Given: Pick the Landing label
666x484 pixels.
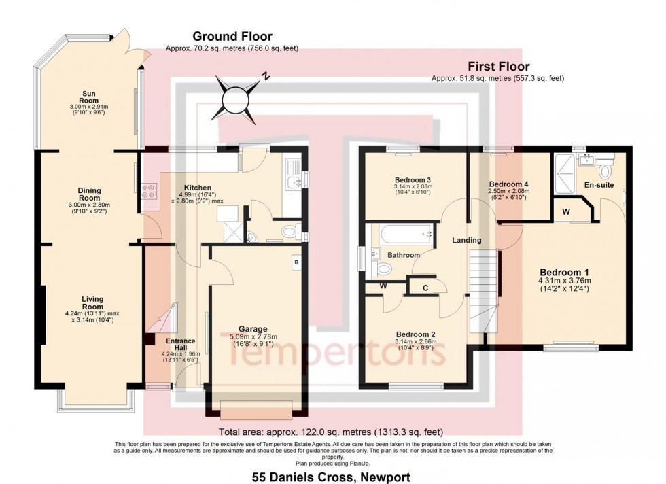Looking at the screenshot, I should pyautogui.click(x=468, y=240).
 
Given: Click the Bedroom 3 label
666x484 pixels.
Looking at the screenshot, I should pyautogui.click(x=413, y=179).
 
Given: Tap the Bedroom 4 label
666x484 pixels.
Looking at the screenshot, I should pyautogui.click(x=508, y=184).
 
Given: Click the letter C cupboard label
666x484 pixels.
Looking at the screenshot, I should pyautogui.click(x=425, y=288).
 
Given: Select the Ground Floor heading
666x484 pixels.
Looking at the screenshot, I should pyautogui.click(x=232, y=37).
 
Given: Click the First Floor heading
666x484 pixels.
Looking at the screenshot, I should pyautogui.click(x=497, y=67).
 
